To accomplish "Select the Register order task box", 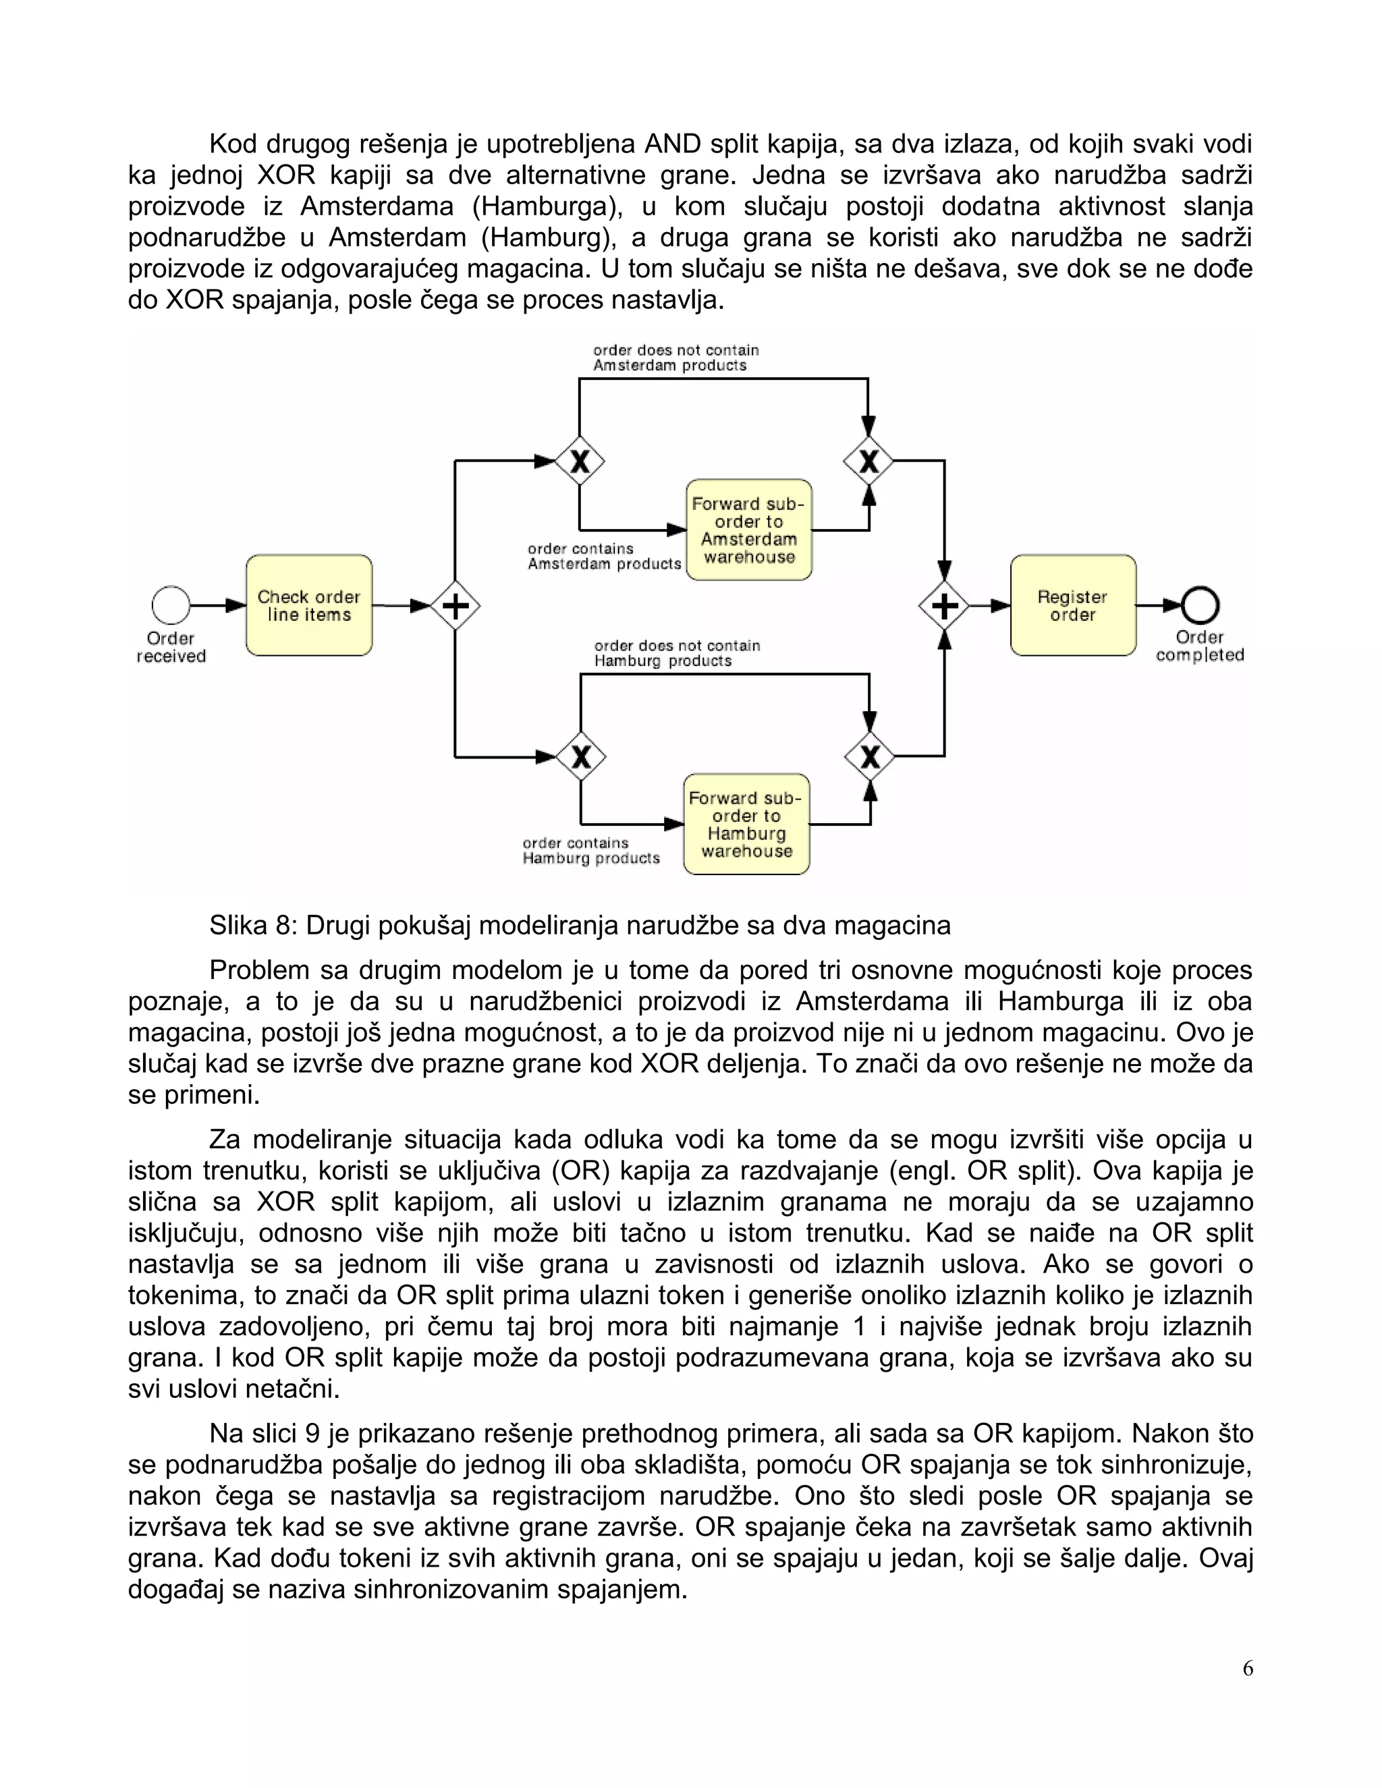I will pyautogui.click(x=1072, y=606).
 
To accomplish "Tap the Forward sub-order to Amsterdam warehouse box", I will pyautogui.click(x=748, y=530).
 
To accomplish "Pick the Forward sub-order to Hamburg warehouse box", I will pyautogui.click(x=746, y=825).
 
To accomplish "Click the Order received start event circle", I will pyautogui.click(x=170, y=606).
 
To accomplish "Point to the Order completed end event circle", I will pyautogui.click(x=1200, y=606).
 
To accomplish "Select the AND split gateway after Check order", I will pyautogui.click(x=455, y=606).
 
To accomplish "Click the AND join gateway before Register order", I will pyautogui.click(x=944, y=606).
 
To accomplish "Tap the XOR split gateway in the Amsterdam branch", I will pyautogui.click(x=580, y=461).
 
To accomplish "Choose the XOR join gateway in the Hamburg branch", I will pyautogui.click(x=869, y=756).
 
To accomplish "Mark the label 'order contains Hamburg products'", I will pyautogui.click(x=590, y=851).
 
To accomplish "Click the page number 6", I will pyautogui.click(x=1247, y=1669).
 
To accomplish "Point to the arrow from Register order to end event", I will pyautogui.click(x=1159, y=606).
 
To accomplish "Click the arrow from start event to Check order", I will pyautogui.click(x=219, y=606).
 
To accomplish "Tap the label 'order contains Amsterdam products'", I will pyautogui.click(x=603, y=556).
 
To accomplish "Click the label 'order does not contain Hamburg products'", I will pyautogui.click(x=676, y=653).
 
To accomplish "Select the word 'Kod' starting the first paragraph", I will pyautogui.click(x=233, y=144).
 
